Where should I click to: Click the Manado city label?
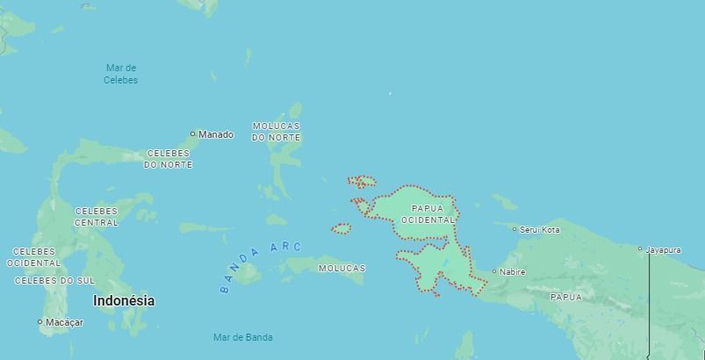pyautogui.click(x=216, y=134)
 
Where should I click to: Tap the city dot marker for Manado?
pyautogui.click(x=193, y=134)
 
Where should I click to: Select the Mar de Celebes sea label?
pyautogui.click(x=121, y=74)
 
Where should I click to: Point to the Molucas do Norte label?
pyautogui.click(x=276, y=132)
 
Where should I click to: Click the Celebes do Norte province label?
pyautogui.click(x=168, y=159)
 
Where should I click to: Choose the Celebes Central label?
pyautogui.click(x=97, y=217)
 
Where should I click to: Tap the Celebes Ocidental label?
pyautogui.click(x=34, y=257)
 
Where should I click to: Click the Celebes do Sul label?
pyautogui.click(x=54, y=281)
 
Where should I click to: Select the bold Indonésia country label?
pyautogui.click(x=124, y=300)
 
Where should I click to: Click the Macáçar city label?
pyautogui.click(x=64, y=322)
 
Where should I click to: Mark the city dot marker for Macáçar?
pyautogui.click(x=40, y=322)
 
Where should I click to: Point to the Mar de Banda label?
pyautogui.click(x=242, y=337)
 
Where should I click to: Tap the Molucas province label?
pyautogui.click(x=342, y=268)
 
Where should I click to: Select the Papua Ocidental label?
pyautogui.click(x=428, y=214)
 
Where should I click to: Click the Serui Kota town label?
pyautogui.click(x=540, y=230)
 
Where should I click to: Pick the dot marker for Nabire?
pyautogui.click(x=493, y=271)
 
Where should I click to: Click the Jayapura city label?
pyautogui.click(x=663, y=250)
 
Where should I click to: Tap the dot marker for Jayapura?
pyautogui.click(x=640, y=249)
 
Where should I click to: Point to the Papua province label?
pyautogui.click(x=565, y=298)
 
